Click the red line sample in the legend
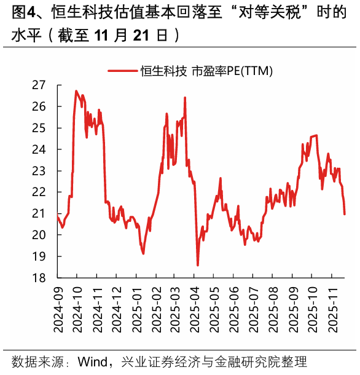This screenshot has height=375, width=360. click(122, 71)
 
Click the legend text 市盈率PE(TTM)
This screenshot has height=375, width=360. click(230, 71)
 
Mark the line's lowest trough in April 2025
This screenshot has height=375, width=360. click(198, 265)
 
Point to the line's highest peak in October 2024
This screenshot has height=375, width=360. click(76, 91)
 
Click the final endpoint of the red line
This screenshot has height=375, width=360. click(345, 214)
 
